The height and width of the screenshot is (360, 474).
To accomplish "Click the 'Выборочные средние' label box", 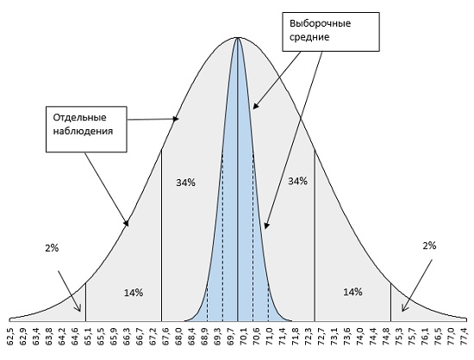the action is (x=331, y=32).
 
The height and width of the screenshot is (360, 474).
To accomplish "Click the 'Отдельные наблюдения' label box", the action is (x=86, y=129).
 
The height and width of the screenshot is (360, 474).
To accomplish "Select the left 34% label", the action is (x=185, y=183).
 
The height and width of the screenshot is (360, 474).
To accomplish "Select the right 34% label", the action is (x=298, y=181).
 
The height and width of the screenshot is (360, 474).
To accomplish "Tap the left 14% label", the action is (x=134, y=293).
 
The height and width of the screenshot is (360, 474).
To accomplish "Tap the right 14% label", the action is (x=352, y=292).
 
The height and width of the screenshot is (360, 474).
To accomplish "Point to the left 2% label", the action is (x=52, y=248).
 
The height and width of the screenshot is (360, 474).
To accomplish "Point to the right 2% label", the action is (x=429, y=245).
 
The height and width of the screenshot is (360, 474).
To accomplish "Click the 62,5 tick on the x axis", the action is (x=10, y=337).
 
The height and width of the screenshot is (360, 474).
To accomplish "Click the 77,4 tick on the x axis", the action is (x=466, y=337).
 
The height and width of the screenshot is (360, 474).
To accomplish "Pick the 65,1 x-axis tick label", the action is (x=86, y=337).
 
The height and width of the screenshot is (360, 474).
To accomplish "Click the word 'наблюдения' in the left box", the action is (x=83, y=132).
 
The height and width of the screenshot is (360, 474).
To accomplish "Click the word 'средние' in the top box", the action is (x=309, y=37).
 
